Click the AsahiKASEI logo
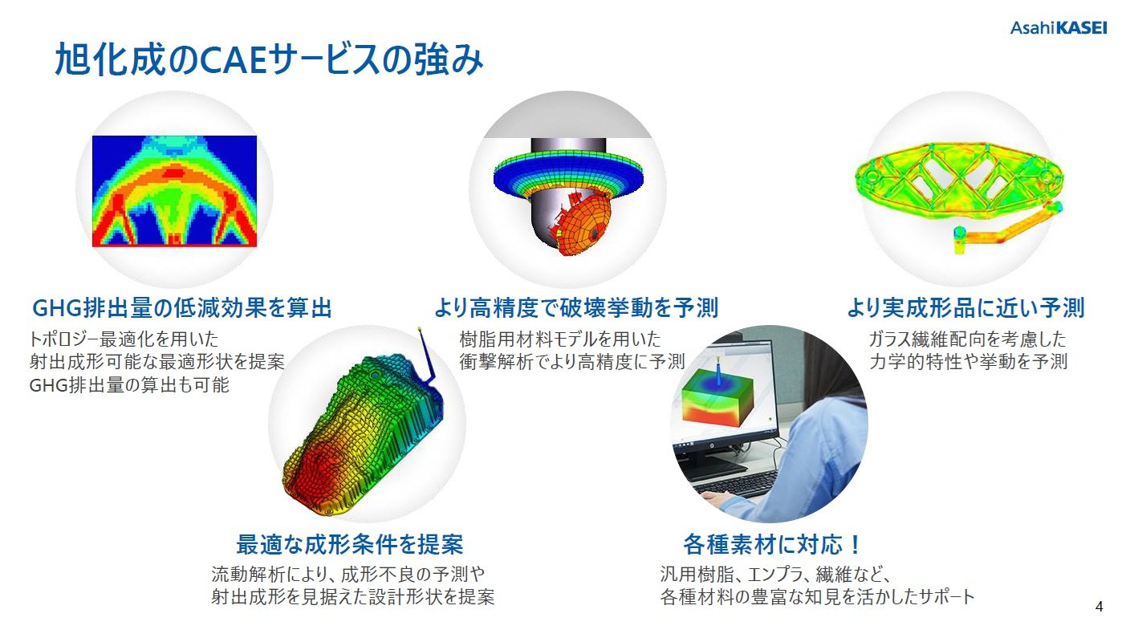(1058, 27)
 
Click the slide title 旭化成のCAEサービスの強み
(269, 60)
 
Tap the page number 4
(1099, 607)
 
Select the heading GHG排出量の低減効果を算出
(181, 308)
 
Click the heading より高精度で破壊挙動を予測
(575, 308)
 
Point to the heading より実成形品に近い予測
(965, 308)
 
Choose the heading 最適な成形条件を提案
(349, 544)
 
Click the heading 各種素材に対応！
(773, 544)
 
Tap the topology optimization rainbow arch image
(174, 191)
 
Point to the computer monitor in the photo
(726, 401)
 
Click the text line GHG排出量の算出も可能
(129, 384)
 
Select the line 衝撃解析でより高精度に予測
(572, 361)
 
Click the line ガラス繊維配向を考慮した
(966, 339)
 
